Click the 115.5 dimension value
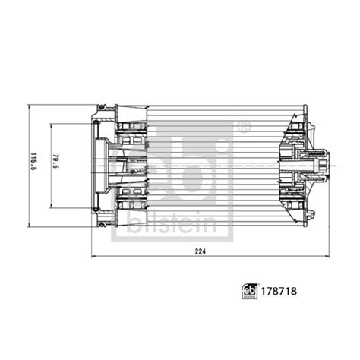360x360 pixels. (33, 165)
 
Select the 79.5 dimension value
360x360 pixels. (56, 165)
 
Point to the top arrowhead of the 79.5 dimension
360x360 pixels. (51, 125)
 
